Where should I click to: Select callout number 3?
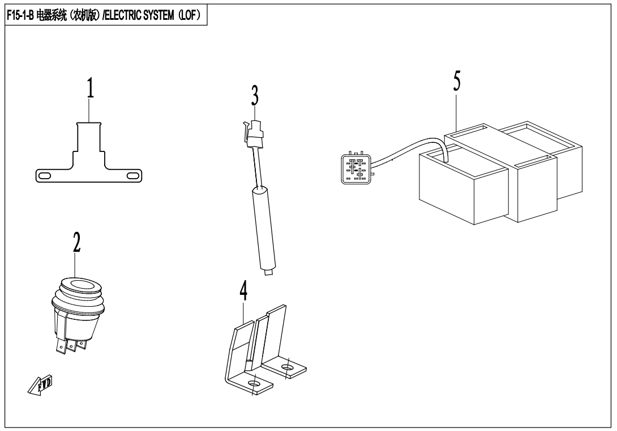click(255, 96)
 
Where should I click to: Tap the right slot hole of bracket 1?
click(134, 176)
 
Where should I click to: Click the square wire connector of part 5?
click(354, 167)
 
